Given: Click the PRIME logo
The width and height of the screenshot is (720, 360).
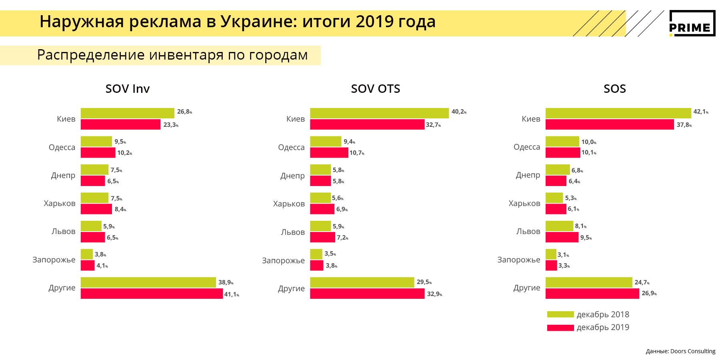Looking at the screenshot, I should click(x=692, y=23).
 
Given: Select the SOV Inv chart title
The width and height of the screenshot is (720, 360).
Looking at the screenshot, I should click(x=128, y=89).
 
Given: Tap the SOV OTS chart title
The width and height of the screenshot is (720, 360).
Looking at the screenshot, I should click(x=376, y=89).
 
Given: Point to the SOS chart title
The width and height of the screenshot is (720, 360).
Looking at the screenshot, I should click(x=615, y=89).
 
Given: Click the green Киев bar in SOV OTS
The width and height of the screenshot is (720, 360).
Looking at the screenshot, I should click(x=379, y=113).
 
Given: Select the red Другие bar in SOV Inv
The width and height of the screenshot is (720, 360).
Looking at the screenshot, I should click(x=152, y=294).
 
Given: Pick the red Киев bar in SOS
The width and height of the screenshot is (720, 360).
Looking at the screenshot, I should click(x=610, y=124).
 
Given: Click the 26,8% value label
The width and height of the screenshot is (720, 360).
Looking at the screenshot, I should click(x=184, y=112).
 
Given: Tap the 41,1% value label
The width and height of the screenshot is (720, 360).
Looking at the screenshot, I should click(x=231, y=294).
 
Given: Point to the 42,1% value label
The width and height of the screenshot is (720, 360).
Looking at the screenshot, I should click(x=700, y=112).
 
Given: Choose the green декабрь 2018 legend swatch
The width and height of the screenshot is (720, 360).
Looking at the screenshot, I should click(x=560, y=314).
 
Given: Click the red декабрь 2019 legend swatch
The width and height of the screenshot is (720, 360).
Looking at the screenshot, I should click(x=560, y=328).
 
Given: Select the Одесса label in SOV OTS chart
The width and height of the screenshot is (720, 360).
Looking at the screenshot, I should click(x=291, y=147).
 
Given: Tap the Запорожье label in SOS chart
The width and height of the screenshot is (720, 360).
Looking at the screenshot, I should click(x=518, y=260).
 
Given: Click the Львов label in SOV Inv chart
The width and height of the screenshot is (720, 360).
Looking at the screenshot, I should click(x=63, y=231).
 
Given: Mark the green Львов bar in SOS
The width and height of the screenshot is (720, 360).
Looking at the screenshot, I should click(x=559, y=226).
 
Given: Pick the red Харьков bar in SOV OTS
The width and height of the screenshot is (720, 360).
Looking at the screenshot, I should click(x=322, y=209).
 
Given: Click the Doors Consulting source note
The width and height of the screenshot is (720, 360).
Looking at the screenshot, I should click(x=680, y=351).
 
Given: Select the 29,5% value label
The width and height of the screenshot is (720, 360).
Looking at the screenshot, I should click(x=424, y=282).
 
